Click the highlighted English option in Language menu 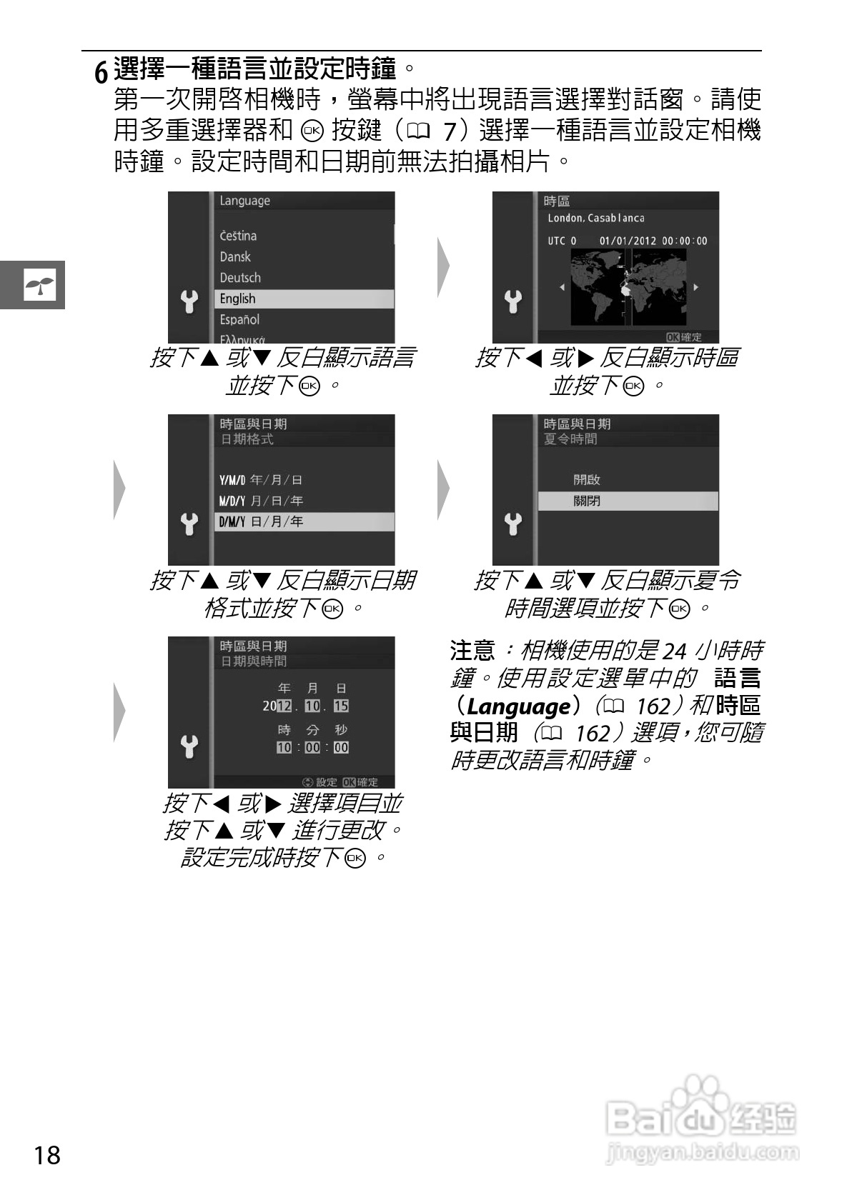pos(303,299)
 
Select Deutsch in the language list pos(240,278)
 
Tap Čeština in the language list pos(238,236)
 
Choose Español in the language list pos(239,320)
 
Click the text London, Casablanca pos(595,218)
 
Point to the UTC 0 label pos(562,241)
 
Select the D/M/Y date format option pos(303,522)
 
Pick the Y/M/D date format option pos(261,480)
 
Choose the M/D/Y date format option pos(261,501)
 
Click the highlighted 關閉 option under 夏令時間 pos(627,501)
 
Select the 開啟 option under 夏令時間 pos(586,480)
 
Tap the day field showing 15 pos(341,706)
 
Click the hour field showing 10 pos(284,747)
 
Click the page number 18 pos(47,1154)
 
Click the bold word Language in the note pos(517,706)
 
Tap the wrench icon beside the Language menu pos(189,302)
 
